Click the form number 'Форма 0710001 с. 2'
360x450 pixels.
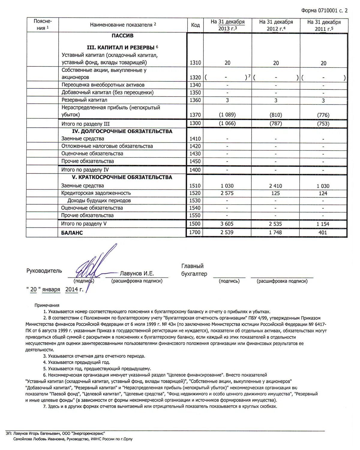point(324,10)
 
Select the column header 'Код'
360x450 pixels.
point(195,25)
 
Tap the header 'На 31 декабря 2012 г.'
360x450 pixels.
point(276,25)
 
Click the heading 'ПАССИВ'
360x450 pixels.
point(122,36)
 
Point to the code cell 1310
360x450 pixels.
point(195,63)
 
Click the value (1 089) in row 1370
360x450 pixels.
point(227,115)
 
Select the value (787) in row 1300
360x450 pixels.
point(276,124)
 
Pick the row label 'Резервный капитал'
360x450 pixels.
point(84,100)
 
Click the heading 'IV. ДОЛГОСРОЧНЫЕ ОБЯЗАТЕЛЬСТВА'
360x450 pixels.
point(122,131)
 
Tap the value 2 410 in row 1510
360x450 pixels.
point(276,186)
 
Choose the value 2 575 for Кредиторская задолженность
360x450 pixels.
point(227,193)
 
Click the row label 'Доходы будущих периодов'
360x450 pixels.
point(99,201)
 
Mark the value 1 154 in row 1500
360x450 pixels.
point(323,224)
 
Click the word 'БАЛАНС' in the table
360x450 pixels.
point(72,233)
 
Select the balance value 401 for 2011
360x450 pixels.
point(323,232)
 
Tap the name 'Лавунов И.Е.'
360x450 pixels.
point(137,273)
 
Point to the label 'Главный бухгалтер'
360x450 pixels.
point(194,270)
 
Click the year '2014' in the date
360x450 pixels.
point(71,289)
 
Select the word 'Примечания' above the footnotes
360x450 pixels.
point(47,305)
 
